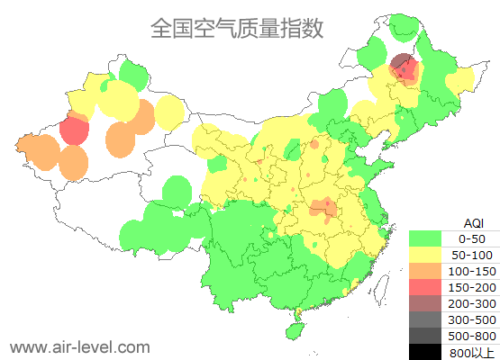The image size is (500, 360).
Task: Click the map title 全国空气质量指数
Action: click(x=236, y=29)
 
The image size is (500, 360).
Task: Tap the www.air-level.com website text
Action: click(x=79, y=346)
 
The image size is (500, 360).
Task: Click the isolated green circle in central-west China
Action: click(x=177, y=191)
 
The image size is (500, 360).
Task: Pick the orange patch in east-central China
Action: click(x=321, y=210)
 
